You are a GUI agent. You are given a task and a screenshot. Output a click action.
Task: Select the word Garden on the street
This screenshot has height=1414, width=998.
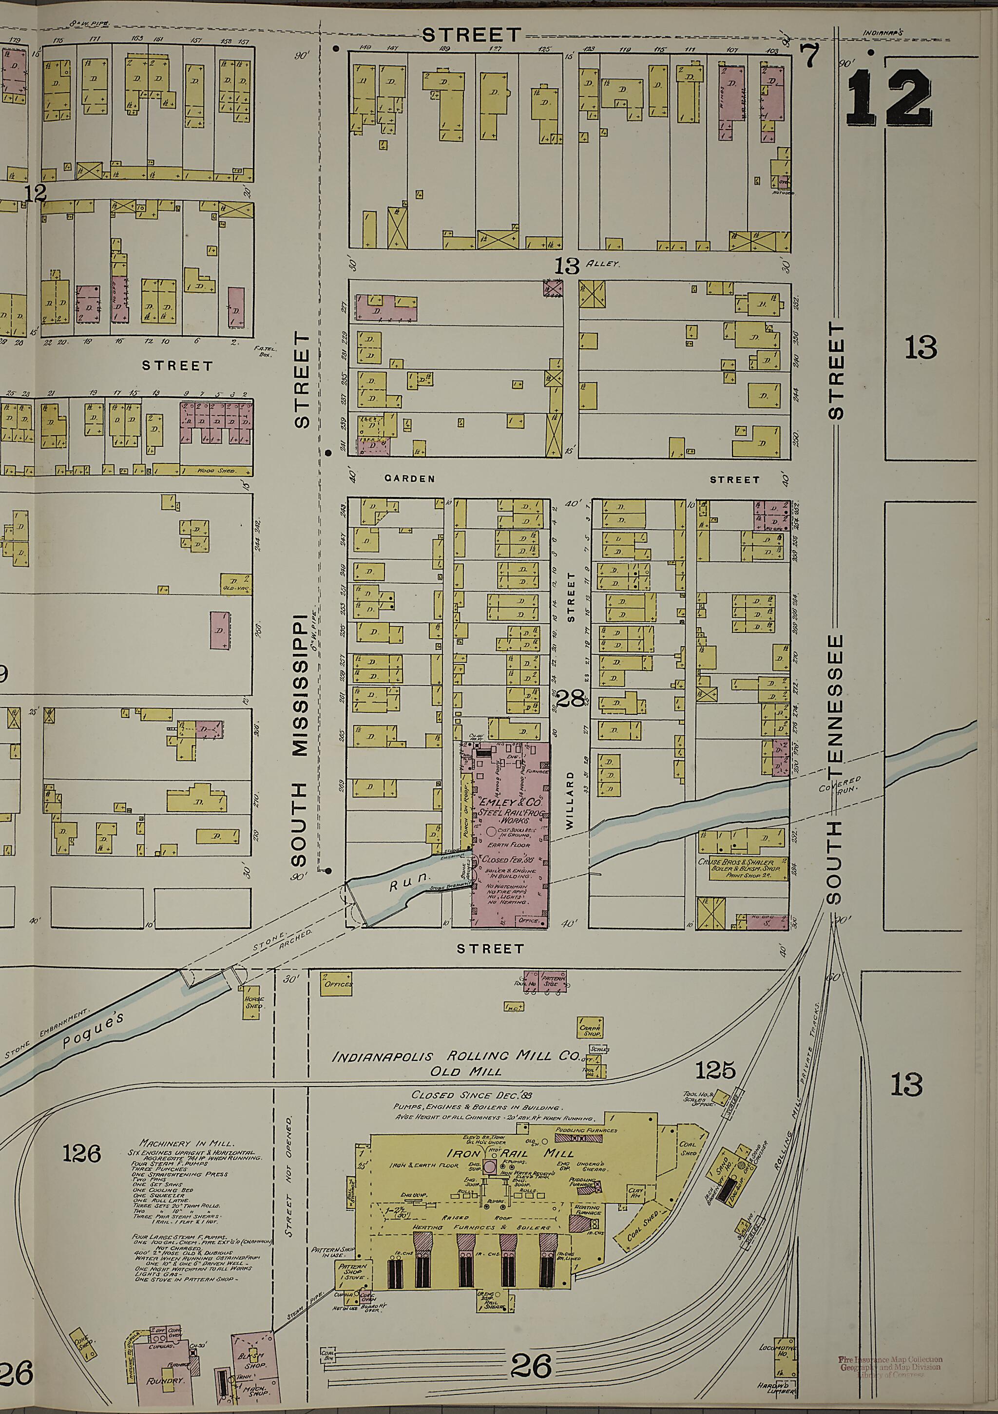click(x=410, y=478)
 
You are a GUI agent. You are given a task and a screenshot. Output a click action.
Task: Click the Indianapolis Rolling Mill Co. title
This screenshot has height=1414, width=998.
click(x=457, y=1057)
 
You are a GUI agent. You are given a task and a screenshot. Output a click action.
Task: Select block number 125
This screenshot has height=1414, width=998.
click(x=715, y=1070)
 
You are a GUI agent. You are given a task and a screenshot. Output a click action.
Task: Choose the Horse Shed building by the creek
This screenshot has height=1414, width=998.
click(x=254, y=1003)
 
